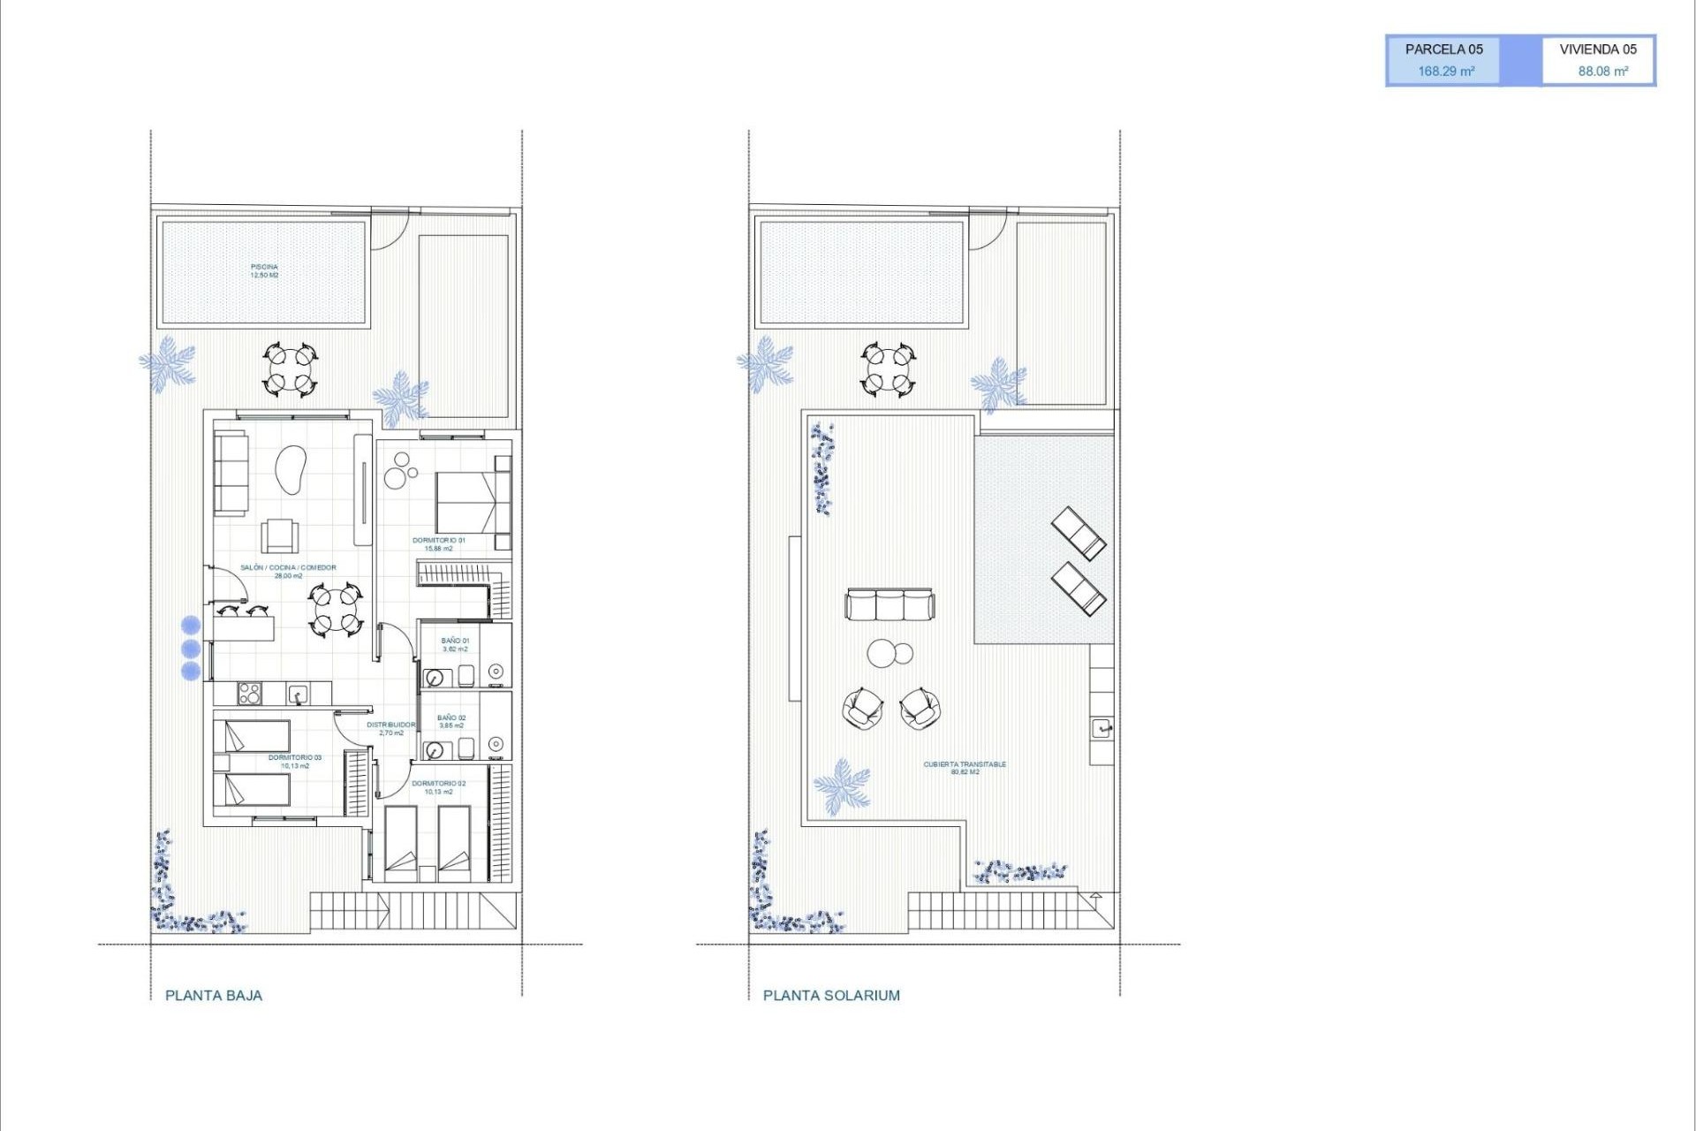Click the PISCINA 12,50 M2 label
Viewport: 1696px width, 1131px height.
(x=264, y=270)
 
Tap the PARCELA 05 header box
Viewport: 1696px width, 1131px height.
(x=1444, y=50)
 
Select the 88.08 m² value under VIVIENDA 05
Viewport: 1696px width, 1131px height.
(x=1602, y=72)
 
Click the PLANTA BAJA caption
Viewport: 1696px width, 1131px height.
(x=214, y=995)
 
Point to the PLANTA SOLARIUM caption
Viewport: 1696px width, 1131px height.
(x=831, y=995)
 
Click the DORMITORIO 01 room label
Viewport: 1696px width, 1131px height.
(x=438, y=543)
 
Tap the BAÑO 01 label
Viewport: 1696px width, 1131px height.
(x=455, y=644)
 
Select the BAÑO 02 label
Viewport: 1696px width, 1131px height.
(x=451, y=721)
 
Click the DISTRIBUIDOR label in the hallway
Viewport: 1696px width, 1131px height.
(x=390, y=728)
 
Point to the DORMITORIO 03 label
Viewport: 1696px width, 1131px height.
(x=295, y=761)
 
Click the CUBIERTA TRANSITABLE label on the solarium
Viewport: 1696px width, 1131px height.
(x=965, y=768)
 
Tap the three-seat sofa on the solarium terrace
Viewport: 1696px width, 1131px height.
(x=889, y=605)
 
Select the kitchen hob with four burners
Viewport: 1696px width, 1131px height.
(x=250, y=695)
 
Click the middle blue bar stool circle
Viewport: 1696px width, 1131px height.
(x=190, y=649)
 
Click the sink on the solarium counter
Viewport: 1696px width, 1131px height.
(x=1101, y=729)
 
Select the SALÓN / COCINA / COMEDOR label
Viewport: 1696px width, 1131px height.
(x=288, y=571)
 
